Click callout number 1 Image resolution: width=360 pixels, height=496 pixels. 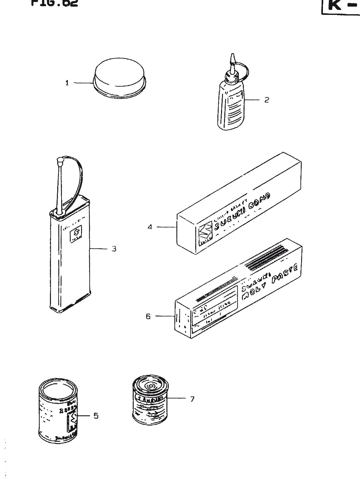point(67,83)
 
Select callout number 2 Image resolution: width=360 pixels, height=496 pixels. point(267,100)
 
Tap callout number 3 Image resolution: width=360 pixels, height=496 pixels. point(113,249)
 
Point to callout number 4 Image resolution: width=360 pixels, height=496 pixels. point(150,227)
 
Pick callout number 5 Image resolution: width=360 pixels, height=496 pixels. point(96,416)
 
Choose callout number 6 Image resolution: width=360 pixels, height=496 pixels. point(148,316)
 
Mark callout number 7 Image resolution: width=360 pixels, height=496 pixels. point(192,399)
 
